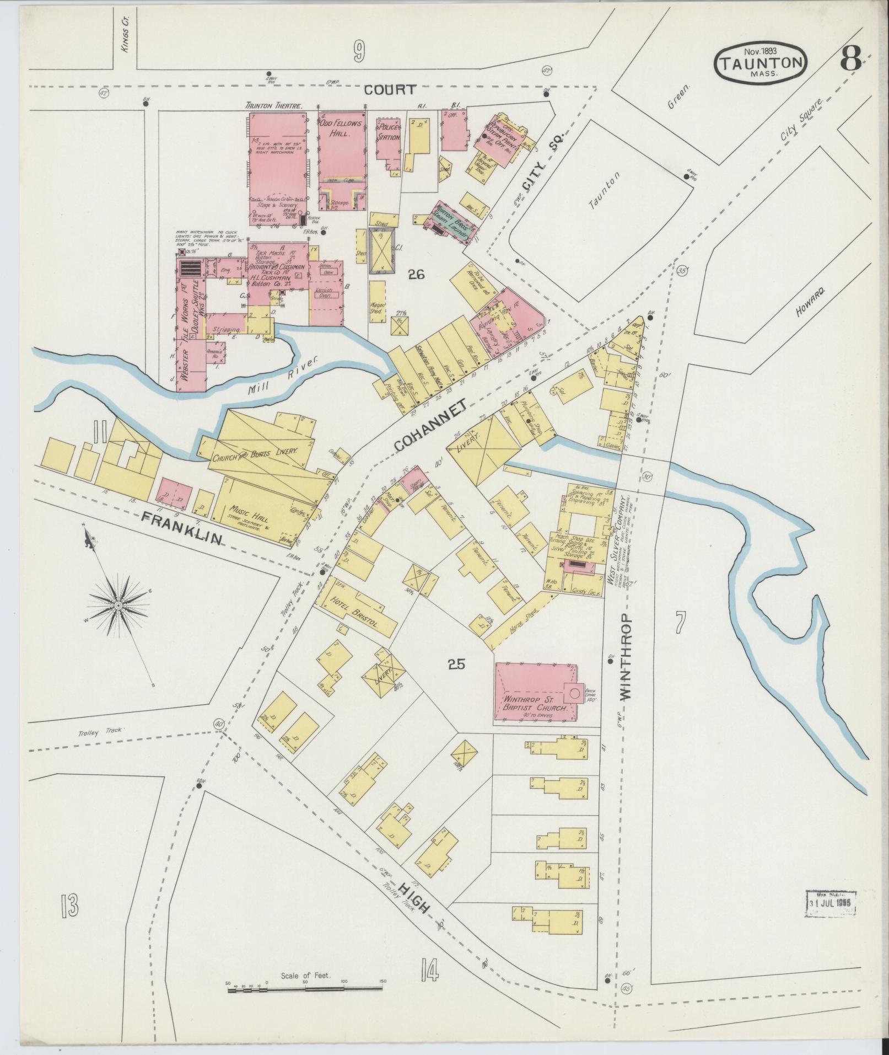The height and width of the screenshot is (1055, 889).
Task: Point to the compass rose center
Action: [117, 606]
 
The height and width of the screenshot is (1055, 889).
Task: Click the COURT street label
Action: [389, 90]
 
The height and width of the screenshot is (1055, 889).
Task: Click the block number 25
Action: [456, 664]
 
